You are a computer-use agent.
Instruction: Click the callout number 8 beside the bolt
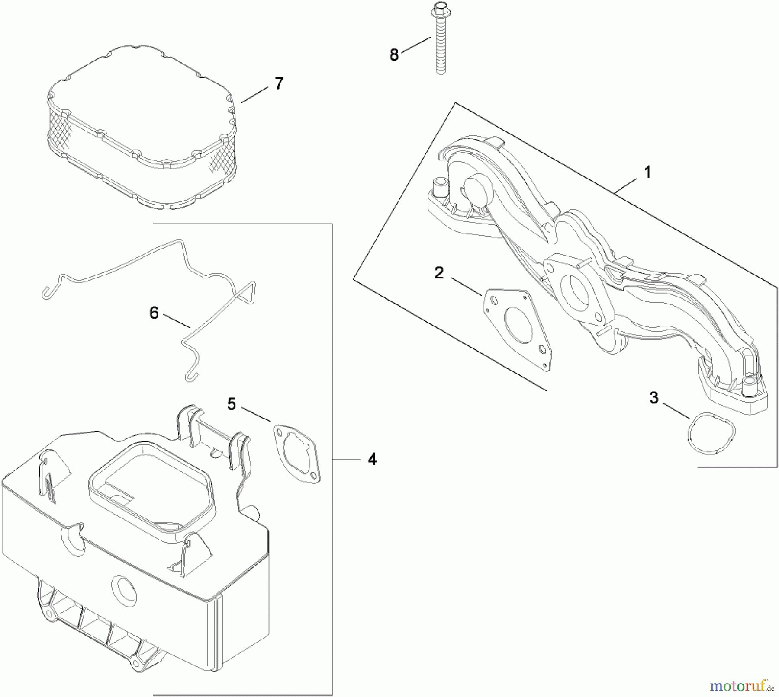394,55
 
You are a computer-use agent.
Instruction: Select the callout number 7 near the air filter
279,83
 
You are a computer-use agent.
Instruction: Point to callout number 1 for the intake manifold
647,173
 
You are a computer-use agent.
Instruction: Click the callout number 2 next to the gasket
439,273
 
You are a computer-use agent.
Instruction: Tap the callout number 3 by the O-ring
654,397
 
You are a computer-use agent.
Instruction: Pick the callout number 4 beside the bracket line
372,459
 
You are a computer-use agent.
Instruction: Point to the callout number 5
232,404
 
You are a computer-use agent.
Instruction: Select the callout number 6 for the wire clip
154,313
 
